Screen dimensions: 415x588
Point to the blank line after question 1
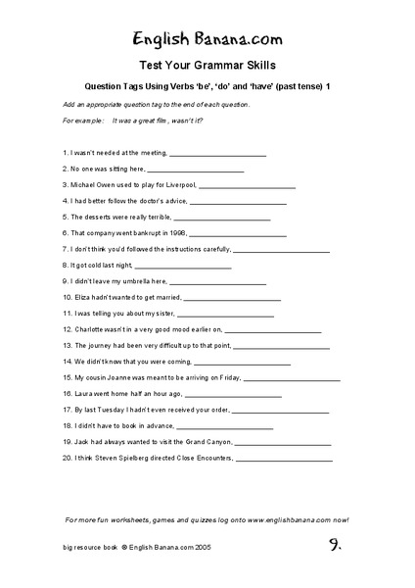click(217, 153)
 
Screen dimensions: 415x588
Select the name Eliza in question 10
click(85, 296)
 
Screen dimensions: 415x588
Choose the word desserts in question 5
click(101, 217)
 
